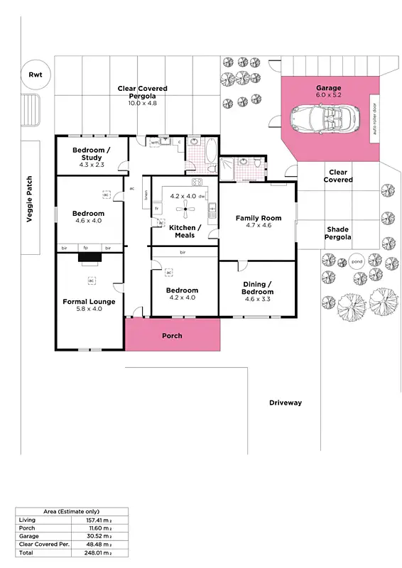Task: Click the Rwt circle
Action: coord(35,75)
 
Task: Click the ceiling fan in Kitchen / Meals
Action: coord(185,207)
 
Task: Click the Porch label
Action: coord(172,335)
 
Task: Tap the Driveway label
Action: coord(285,403)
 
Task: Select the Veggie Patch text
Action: coord(30,200)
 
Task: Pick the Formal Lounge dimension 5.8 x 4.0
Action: coord(89,309)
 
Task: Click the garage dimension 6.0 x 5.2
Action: coord(328,95)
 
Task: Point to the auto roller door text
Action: coord(374,120)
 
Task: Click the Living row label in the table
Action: coord(26,520)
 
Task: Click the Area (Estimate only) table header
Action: coord(72,511)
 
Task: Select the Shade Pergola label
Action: coord(337,234)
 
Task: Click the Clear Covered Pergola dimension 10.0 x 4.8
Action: coord(142,103)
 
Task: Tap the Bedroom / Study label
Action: coord(92,154)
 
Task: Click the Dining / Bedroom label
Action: coord(257,288)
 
